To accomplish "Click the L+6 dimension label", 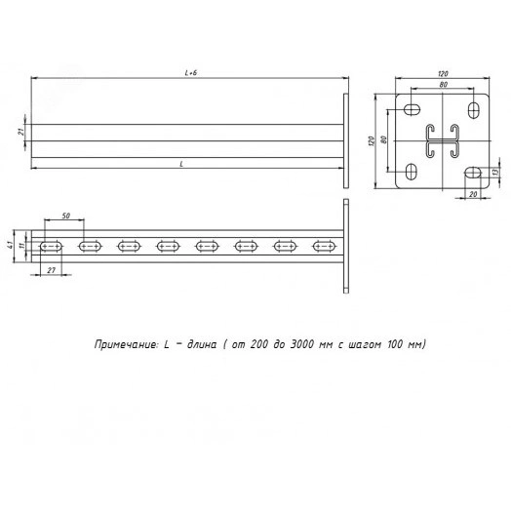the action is [x=191, y=73].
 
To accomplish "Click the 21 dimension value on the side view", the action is [x=20, y=132].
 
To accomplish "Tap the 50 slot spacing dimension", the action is [x=66, y=216].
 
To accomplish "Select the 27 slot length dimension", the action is [x=51, y=270].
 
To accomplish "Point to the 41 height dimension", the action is [x=10, y=246].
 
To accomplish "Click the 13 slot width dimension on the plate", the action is [x=495, y=172].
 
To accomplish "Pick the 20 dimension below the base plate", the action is [x=473, y=194].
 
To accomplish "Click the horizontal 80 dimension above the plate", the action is [x=443, y=85].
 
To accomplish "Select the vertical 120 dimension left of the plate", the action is [x=372, y=140].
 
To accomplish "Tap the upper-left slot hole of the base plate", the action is [x=412, y=109].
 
